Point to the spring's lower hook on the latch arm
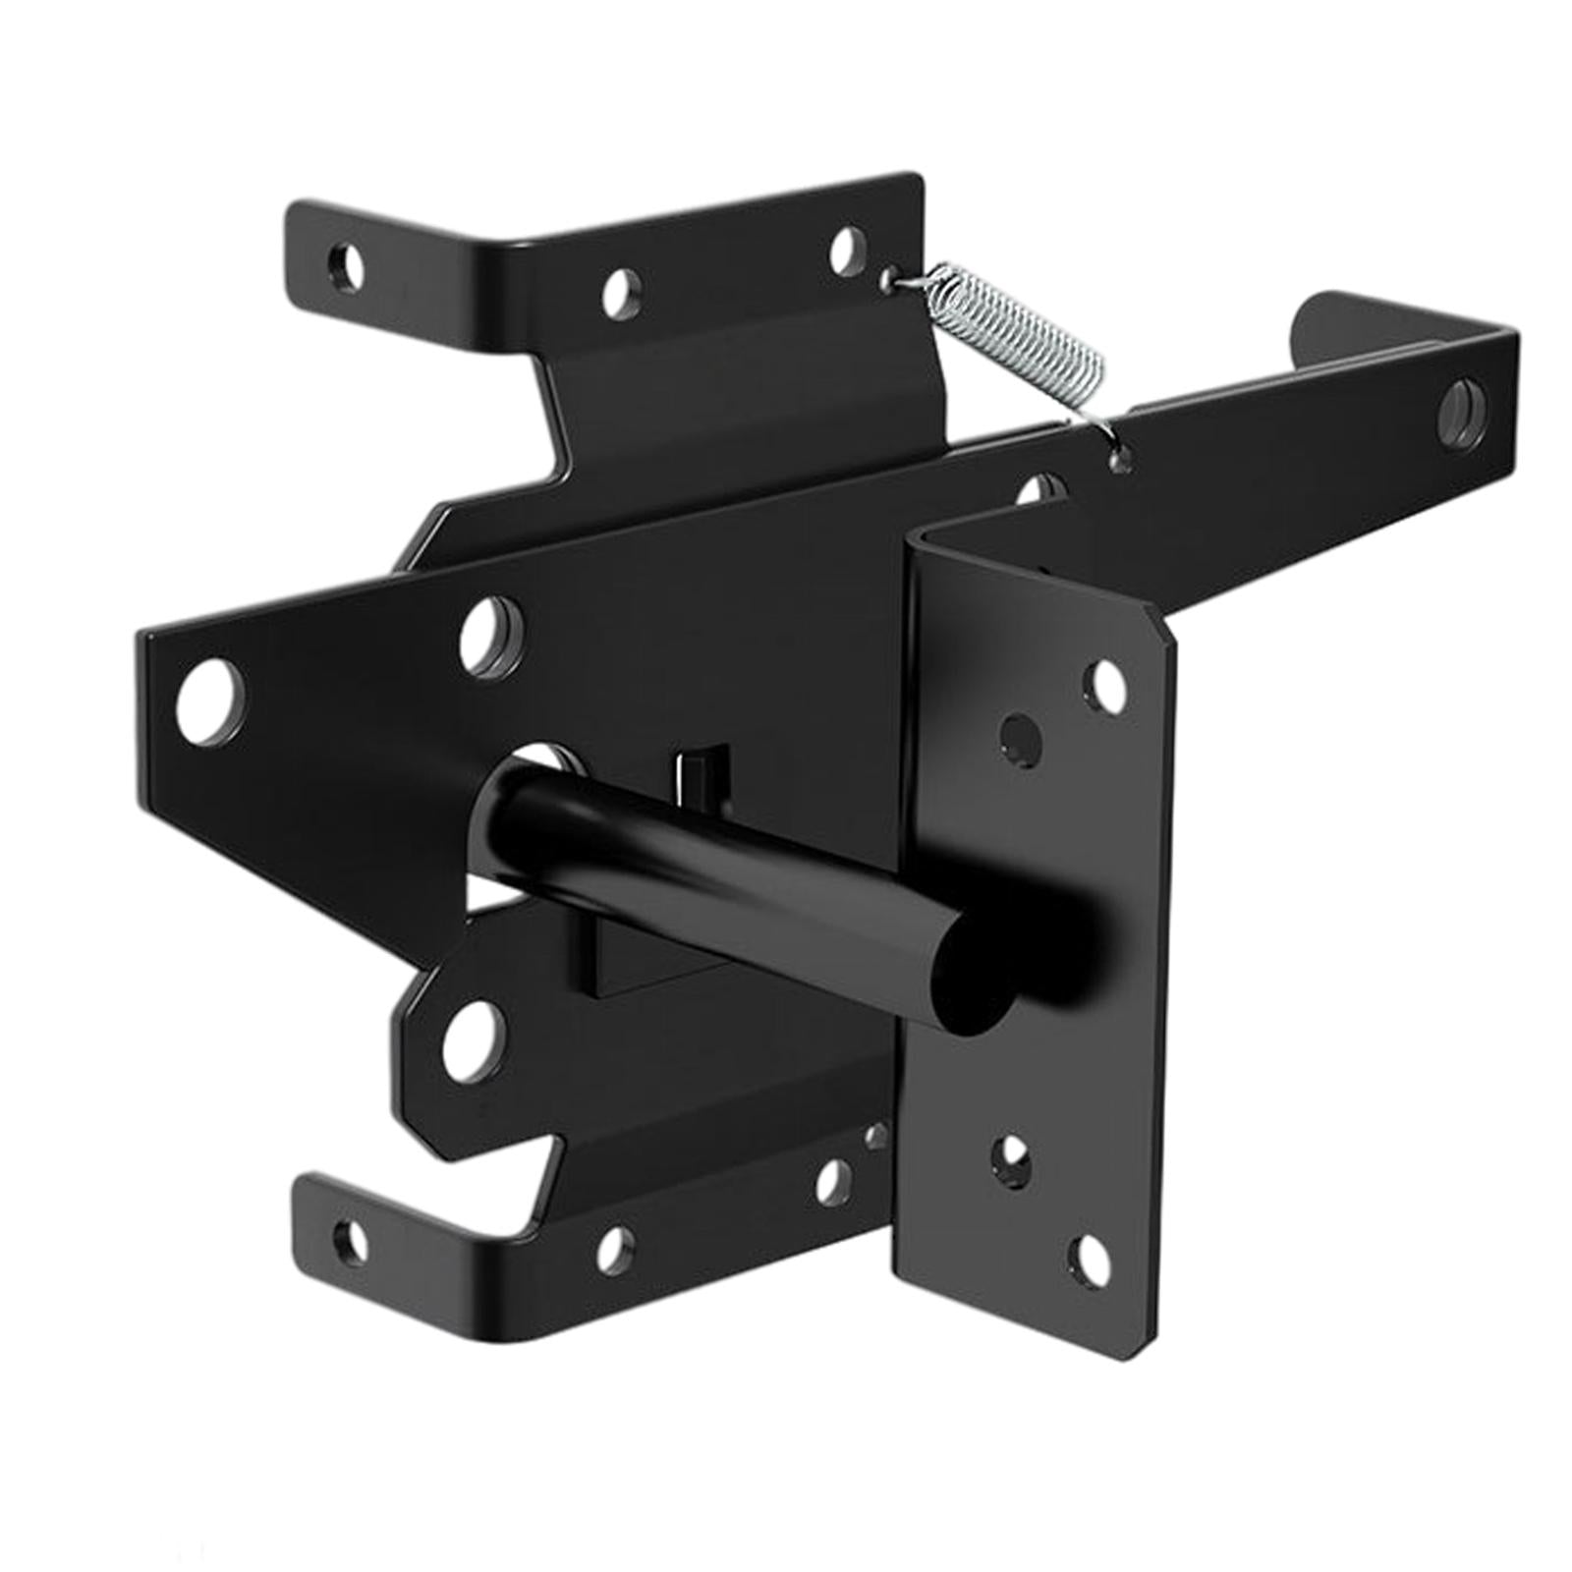pos(1117,454)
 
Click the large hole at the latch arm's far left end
pos(210,699)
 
